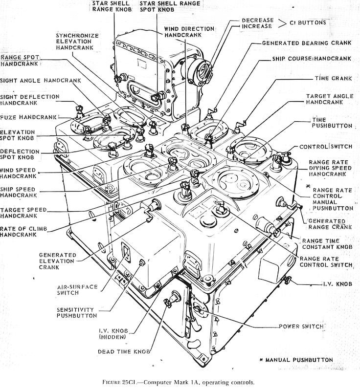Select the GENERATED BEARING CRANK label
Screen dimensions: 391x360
click(x=306, y=43)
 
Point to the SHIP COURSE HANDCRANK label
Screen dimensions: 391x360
click(x=312, y=59)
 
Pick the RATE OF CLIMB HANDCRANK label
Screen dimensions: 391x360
click(x=24, y=231)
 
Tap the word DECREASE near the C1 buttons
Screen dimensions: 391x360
click(x=254, y=20)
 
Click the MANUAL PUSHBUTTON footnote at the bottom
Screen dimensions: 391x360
click(x=299, y=360)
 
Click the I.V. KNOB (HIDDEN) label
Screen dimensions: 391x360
click(x=113, y=334)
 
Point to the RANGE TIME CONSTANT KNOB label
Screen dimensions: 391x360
click(x=326, y=244)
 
